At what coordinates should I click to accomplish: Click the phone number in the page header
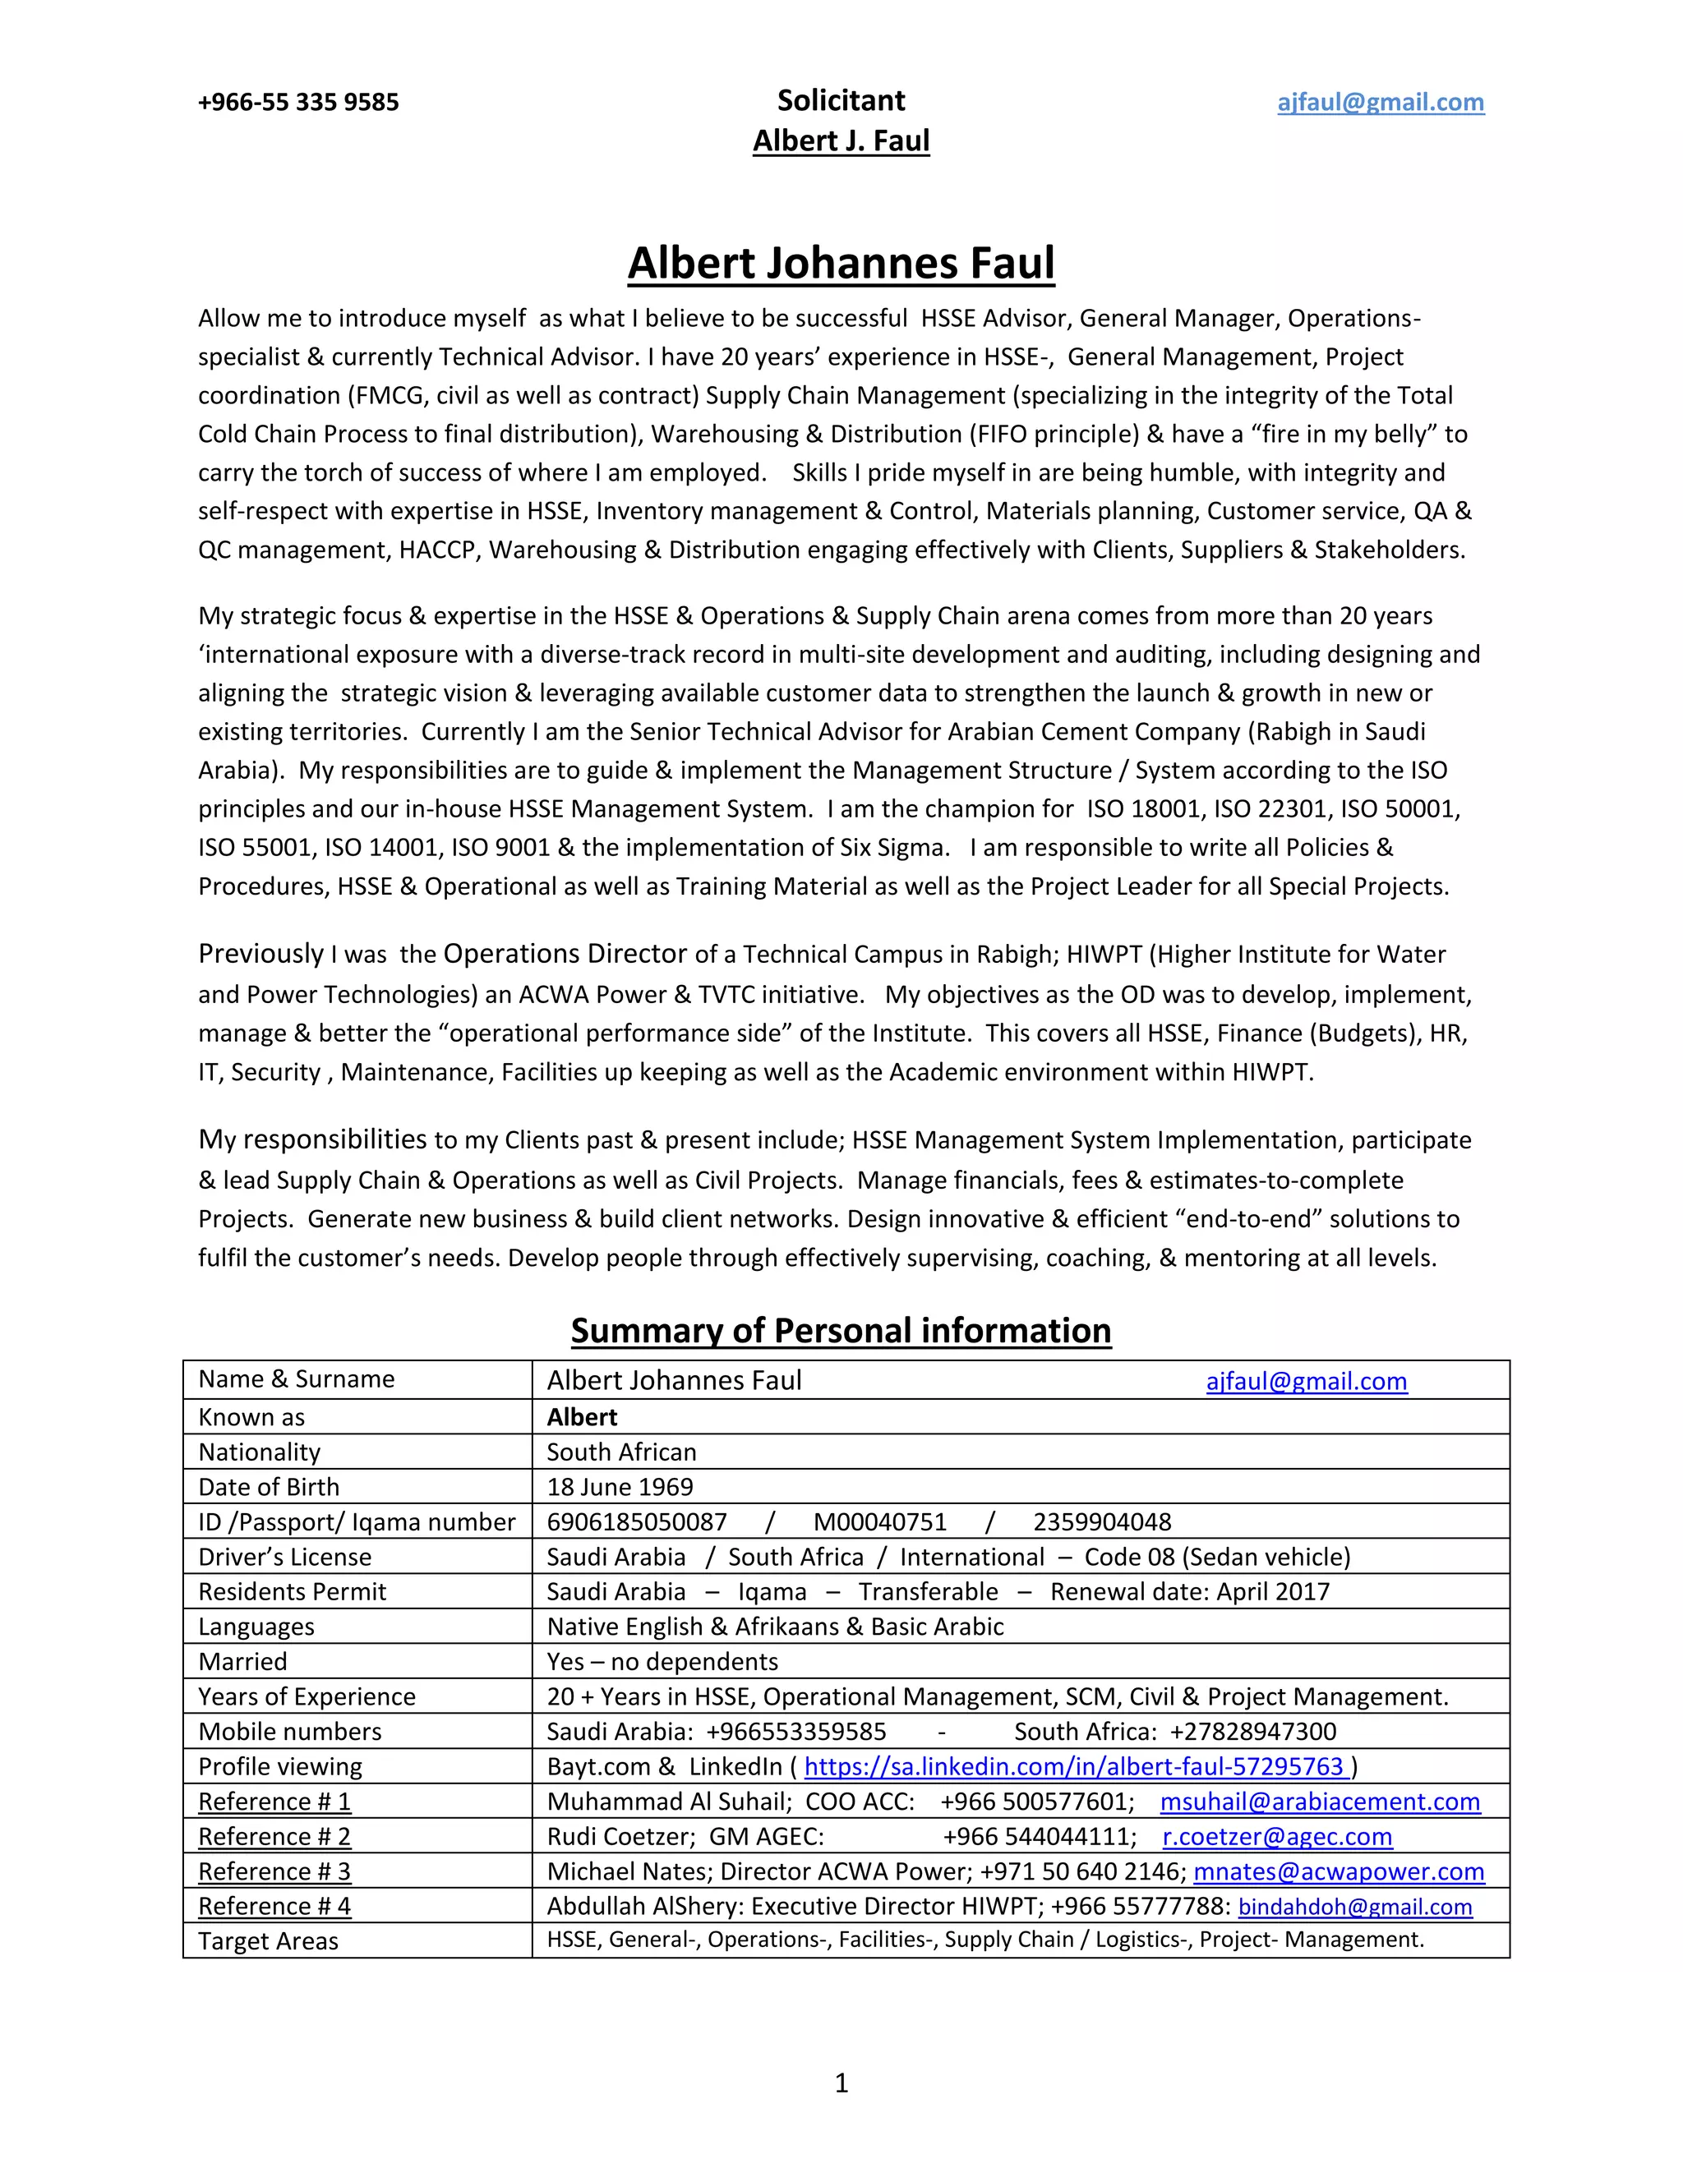tap(298, 102)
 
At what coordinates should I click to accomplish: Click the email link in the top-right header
tap(1380, 102)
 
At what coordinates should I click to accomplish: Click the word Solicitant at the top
tap(841, 99)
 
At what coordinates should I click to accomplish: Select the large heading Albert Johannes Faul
tap(841, 263)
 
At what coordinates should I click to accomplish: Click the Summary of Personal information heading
tap(841, 1331)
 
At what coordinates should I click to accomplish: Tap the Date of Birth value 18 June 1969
tap(619, 1487)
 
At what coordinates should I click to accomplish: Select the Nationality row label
tap(259, 1452)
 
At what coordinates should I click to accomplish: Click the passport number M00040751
tap(879, 1522)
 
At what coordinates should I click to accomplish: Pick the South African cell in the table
tap(621, 1452)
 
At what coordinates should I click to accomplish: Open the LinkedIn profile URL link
tap(1076, 1766)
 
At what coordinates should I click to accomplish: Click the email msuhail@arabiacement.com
tap(1320, 1802)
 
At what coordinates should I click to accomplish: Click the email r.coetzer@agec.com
tap(1277, 1836)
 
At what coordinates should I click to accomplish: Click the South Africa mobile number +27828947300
tap(1252, 1732)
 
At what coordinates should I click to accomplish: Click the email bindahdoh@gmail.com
tap(1355, 1907)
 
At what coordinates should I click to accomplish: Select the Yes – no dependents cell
tap(662, 1662)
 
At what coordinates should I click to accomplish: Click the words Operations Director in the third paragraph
tap(565, 954)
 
